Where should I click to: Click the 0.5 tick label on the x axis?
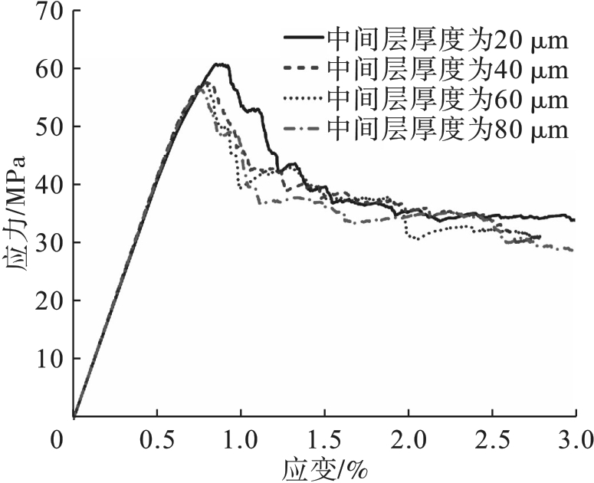click(x=157, y=440)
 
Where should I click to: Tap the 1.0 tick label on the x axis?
click(x=241, y=440)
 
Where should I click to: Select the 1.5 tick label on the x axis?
click(x=324, y=440)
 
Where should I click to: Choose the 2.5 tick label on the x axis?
click(x=491, y=440)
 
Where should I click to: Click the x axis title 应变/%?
click(x=323, y=467)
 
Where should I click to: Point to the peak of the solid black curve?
click(x=221, y=64)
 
